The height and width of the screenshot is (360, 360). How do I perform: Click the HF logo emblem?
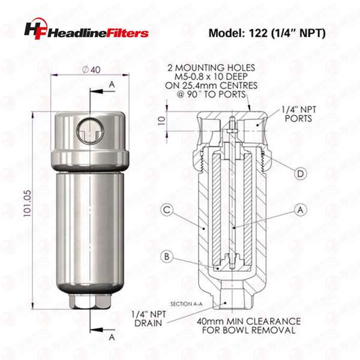coord(35,29)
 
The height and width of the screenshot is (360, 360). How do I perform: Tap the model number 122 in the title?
coord(258,33)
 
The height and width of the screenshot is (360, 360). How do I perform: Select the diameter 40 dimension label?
coord(91,70)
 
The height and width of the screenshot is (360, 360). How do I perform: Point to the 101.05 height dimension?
coord(28,203)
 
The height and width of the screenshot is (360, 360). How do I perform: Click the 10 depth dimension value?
coord(162,121)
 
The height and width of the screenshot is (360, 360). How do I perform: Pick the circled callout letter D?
coord(301,174)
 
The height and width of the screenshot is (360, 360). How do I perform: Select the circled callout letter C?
coord(167,210)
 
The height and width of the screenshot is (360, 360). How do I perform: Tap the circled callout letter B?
coord(167,256)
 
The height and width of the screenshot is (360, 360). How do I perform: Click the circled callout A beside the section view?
coord(301,210)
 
